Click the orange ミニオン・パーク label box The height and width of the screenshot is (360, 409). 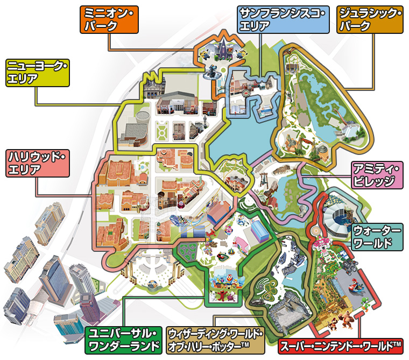coord(109,20)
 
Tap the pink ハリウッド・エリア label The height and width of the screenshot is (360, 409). coord(37,164)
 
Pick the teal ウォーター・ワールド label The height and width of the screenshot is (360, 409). coord(377,237)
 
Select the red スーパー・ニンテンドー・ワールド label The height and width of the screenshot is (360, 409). coord(341,344)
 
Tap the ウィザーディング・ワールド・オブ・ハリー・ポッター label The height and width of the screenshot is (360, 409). coord(215,340)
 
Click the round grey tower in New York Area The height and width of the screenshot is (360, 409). coord(142,119)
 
